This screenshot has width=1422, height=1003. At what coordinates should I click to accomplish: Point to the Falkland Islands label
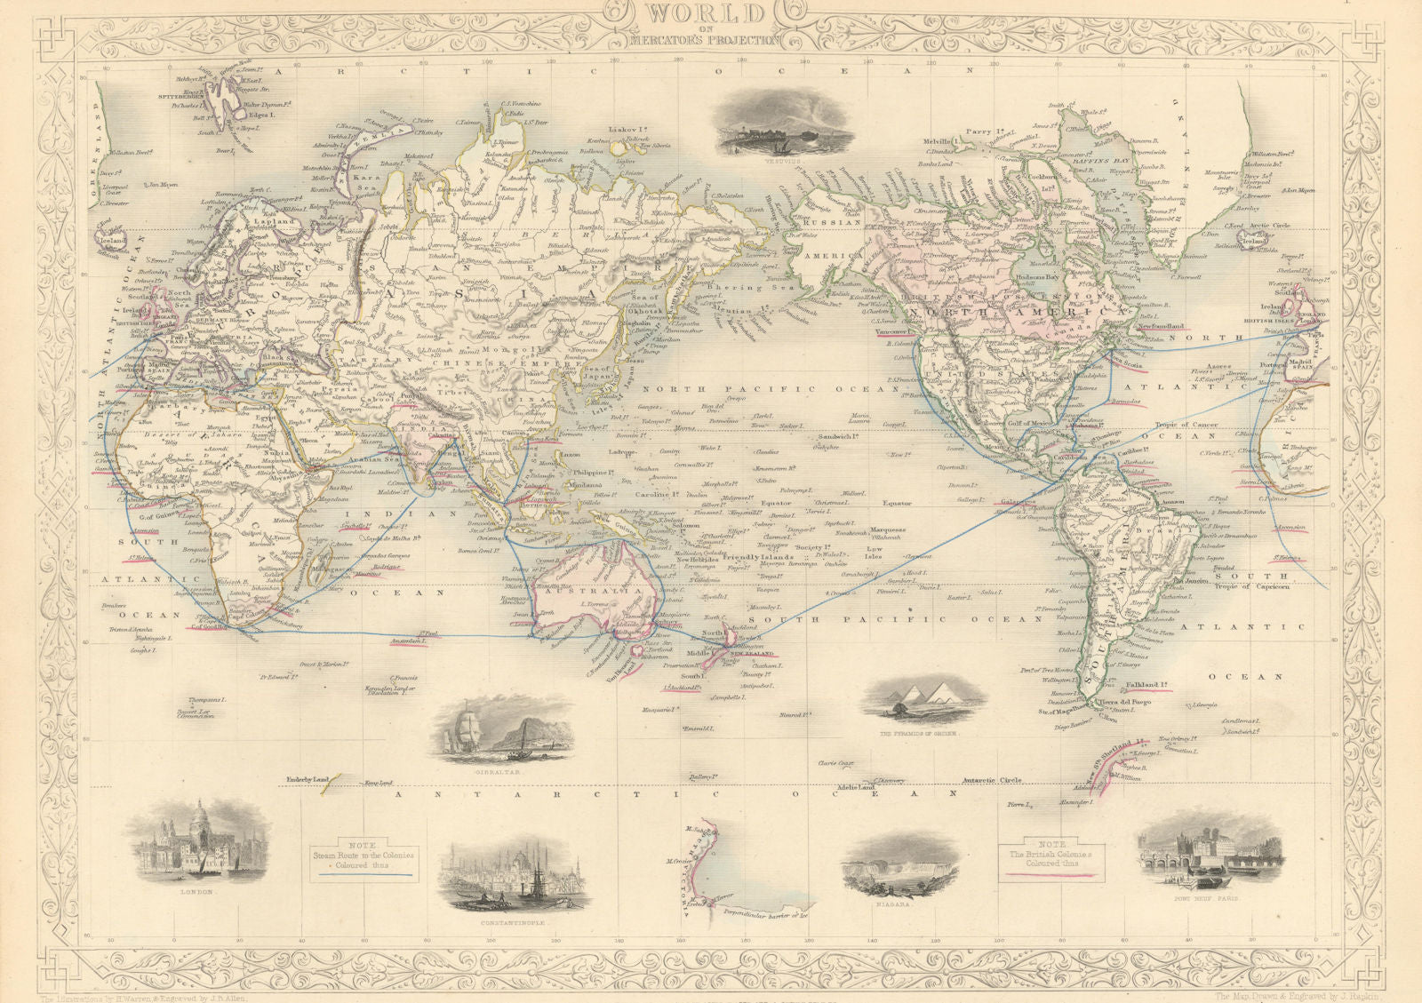coord(1146,685)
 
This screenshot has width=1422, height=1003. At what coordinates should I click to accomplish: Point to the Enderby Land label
coord(300,780)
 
